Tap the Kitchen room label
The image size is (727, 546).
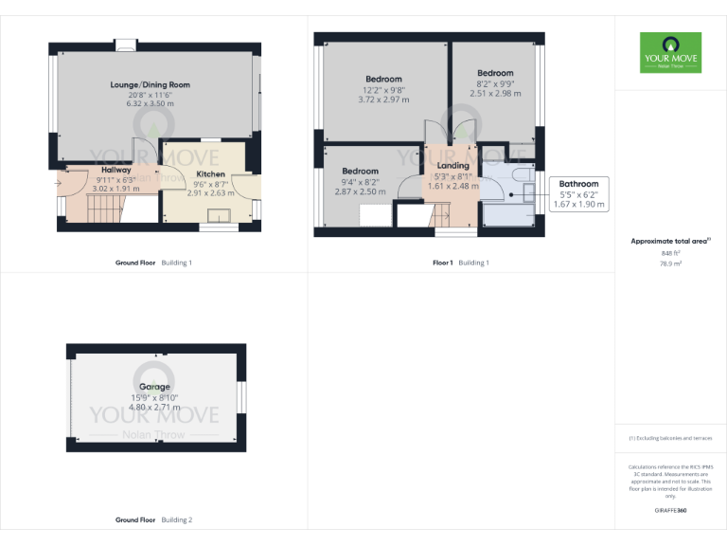(210, 174)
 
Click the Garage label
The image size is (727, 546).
(154, 387)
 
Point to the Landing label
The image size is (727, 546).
(453, 166)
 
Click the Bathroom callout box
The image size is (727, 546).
(578, 193)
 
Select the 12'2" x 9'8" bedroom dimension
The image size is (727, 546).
(383, 89)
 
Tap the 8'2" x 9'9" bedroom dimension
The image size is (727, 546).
(495, 83)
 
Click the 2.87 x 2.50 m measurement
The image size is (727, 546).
(360, 191)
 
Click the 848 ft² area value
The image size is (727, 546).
(670, 254)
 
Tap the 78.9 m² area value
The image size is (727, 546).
(670, 265)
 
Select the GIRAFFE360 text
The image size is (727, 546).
(670, 511)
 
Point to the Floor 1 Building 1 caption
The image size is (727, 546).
(460, 263)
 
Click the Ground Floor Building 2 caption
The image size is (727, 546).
(153, 520)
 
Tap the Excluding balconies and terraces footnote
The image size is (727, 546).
(670, 438)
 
